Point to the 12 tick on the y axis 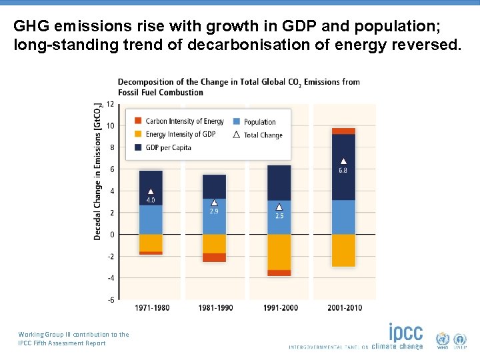click(110, 104)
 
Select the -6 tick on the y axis click(109, 300)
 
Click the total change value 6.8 click(343, 171)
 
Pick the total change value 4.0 click(151, 200)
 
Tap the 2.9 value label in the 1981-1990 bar click(214, 211)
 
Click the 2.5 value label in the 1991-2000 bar click(279, 216)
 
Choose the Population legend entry click(259, 121)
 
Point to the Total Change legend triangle click(236, 135)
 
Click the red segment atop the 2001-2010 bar click(343, 131)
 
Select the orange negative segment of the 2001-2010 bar click(343, 250)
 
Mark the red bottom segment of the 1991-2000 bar click(279, 273)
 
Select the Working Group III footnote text click(73, 339)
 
